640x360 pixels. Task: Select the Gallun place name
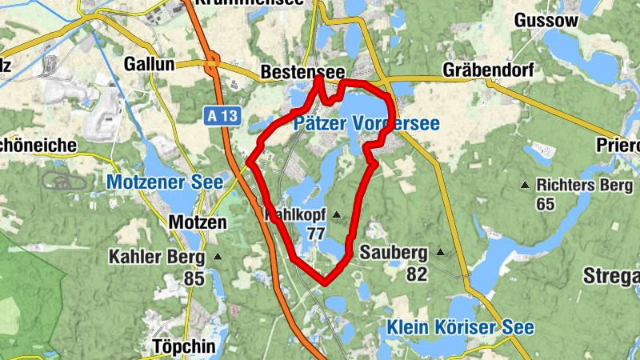(x=150, y=64)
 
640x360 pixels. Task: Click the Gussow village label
(x=546, y=20)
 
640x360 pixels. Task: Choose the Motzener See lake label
(x=165, y=182)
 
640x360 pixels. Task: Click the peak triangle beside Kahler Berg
(x=218, y=258)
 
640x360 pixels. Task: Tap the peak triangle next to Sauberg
(x=439, y=253)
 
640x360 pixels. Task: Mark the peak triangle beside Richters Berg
(x=525, y=185)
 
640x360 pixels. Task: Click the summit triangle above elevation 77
(x=336, y=214)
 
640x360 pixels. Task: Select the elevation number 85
(x=194, y=279)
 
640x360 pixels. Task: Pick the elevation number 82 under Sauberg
(x=417, y=274)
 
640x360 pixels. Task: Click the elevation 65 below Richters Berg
(x=546, y=205)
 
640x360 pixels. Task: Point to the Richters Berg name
(x=579, y=184)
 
